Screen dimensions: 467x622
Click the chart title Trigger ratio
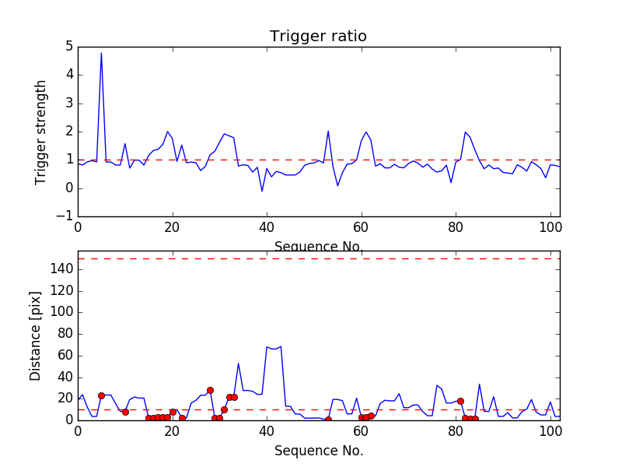tap(318, 37)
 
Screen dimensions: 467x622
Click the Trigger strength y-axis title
tap(41, 132)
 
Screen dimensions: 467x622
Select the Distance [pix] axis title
tap(36, 336)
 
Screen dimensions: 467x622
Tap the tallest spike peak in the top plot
tap(101, 53)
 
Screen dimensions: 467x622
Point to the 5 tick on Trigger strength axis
tap(68, 47)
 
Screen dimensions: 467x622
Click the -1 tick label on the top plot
tap(64, 216)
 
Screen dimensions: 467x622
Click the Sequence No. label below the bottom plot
tap(319, 451)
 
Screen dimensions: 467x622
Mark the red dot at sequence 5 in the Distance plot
tap(101, 395)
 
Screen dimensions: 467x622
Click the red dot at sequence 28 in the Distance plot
tap(210, 390)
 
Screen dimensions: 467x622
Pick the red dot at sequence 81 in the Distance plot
tap(460, 401)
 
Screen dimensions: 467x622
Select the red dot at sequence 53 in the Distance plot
tap(328, 420)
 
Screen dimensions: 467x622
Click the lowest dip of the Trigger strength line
tap(262, 191)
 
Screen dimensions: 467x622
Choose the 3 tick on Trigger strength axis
tap(68, 104)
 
